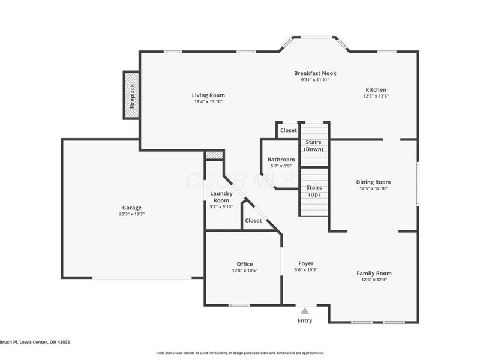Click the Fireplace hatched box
131,95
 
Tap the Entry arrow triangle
305,311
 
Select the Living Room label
208,95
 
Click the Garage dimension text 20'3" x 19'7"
132,214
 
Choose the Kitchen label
376,89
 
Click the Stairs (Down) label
314,145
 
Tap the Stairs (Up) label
314,191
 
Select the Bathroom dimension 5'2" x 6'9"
281,166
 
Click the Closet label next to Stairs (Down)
288,130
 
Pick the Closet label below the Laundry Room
253,221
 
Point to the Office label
244,264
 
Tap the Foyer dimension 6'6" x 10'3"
306,270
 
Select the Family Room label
374,273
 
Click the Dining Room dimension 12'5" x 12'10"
373,188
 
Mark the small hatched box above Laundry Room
214,155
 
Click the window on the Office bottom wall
239,305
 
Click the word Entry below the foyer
305,320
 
